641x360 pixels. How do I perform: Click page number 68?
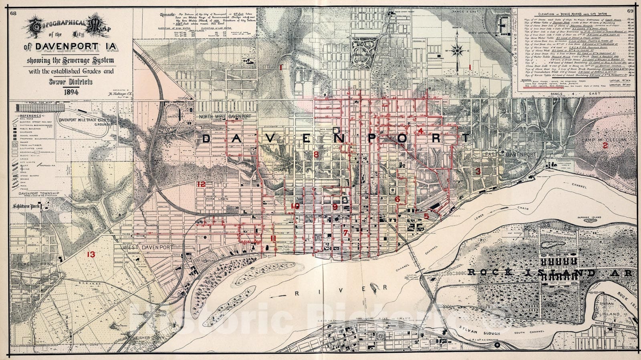pos(13,13)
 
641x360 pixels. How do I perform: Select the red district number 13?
pos(91,254)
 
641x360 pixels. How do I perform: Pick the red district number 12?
pos(201,184)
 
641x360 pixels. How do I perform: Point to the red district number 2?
pos(605,146)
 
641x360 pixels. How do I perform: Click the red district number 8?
pos(316,154)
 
